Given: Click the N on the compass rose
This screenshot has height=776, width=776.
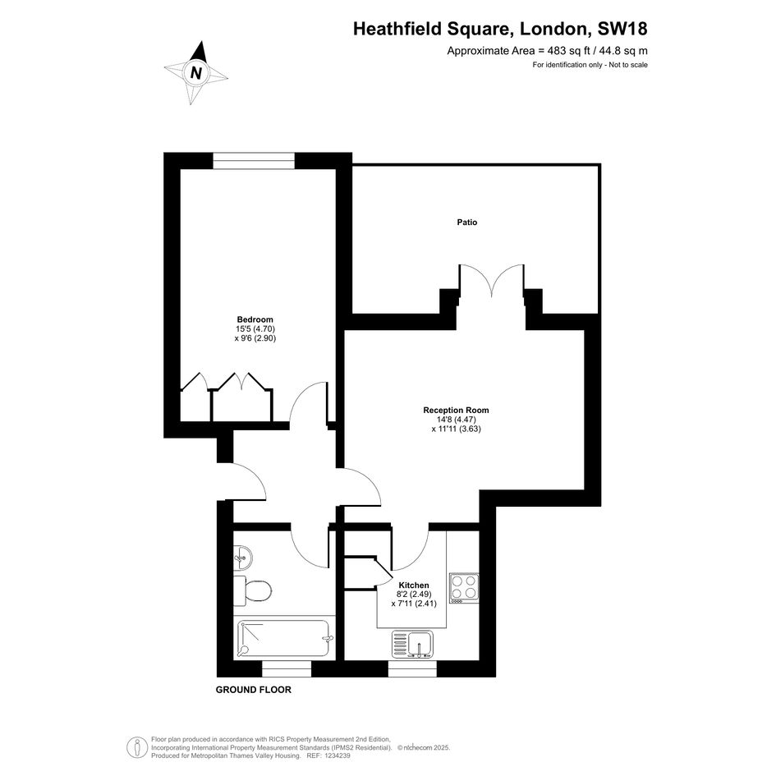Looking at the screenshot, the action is point(196,73).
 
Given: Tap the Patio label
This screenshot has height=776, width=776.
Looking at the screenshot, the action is point(466,223).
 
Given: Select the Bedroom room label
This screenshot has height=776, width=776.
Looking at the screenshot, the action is point(255,319).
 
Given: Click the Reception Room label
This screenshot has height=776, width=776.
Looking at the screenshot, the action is point(456,410).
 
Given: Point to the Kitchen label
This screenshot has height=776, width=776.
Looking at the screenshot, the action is point(414,585).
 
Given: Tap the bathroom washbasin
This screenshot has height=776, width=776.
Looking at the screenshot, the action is point(242,558).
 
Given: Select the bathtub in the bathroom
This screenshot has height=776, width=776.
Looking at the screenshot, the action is point(284,638).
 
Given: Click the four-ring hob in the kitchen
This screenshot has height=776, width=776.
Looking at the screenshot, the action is point(464,588).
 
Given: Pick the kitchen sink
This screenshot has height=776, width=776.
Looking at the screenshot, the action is point(412,644).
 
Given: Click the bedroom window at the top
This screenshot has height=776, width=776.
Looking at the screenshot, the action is point(254,160).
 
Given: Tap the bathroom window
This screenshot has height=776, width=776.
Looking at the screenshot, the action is point(287,668).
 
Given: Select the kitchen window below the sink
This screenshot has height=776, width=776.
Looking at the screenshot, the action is point(412,668).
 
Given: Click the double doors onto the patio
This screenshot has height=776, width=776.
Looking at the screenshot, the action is point(491,281).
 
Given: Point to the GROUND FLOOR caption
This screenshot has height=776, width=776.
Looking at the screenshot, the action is point(254,690).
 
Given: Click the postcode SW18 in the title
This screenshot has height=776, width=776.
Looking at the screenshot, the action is point(622,29).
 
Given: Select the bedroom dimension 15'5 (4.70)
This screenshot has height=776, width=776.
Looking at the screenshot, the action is point(255,329).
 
